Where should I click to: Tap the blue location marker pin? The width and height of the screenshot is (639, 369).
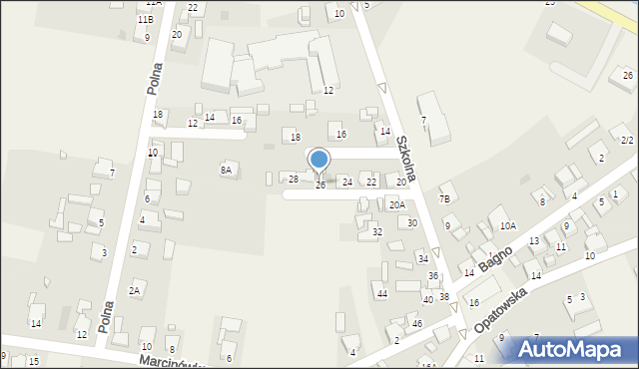(319, 161)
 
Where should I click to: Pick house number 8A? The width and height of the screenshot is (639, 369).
(226, 171)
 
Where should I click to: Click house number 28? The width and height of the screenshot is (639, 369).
(294, 180)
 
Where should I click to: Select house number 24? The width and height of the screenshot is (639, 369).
(347, 182)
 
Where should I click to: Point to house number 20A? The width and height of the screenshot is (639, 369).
(397, 205)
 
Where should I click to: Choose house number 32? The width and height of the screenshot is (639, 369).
(376, 231)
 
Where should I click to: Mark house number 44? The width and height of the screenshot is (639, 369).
(381, 293)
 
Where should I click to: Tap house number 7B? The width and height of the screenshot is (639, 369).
(444, 199)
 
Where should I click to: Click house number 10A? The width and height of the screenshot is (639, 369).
(507, 226)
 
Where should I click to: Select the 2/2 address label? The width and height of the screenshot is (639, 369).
(626, 141)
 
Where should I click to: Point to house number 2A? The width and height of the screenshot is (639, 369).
(134, 291)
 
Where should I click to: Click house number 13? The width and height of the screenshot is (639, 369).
(534, 241)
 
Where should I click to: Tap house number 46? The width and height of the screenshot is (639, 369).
(416, 324)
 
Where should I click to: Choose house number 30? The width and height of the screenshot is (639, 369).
(411, 223)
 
